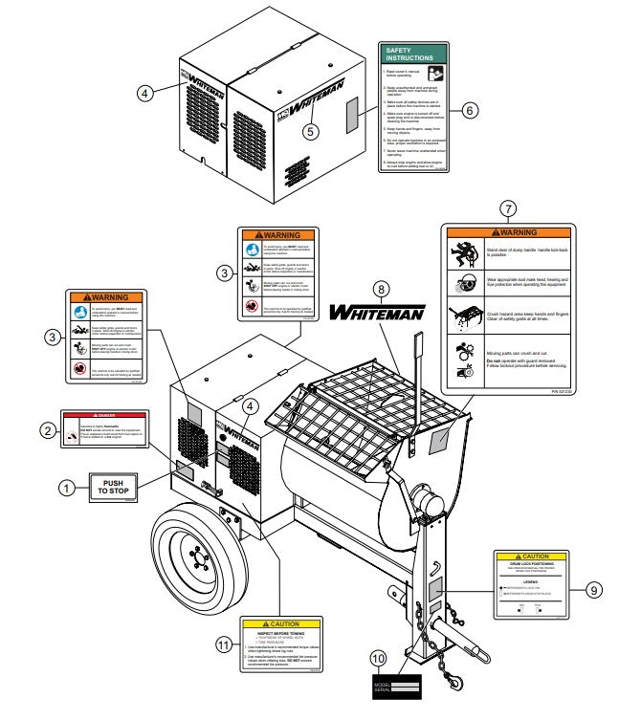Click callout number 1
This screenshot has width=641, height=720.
tap(67, 487)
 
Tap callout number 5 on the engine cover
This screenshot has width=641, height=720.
tap(309, 131)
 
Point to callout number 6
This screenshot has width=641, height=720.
tap(469, 109)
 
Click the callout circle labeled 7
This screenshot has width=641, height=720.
tap(508, 207)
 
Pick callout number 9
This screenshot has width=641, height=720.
tap(594, 590)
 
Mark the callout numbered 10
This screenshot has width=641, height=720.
tap(379, 658)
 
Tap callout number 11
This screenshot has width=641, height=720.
tap(223, 645)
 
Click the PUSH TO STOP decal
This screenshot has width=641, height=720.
tap(113, 487)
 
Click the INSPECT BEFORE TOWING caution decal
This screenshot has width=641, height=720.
tap(282, 645)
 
